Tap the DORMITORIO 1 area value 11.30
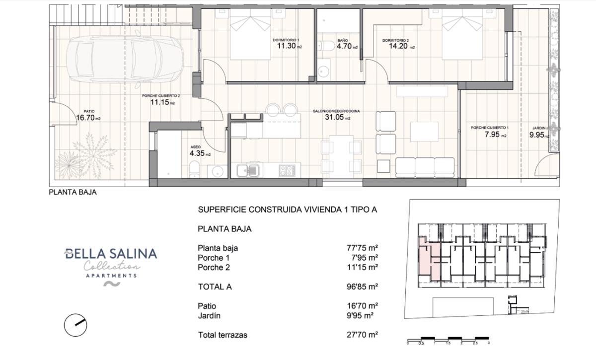(x=287, y=46)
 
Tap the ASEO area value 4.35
(x=197, y=153)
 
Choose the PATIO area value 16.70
(x=86, y=118)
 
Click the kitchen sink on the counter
(x=247, y=171)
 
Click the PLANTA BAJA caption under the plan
(x=73, y=193)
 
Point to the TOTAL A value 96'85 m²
(x=362, y=287)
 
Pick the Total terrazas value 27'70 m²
(x=362, y=335)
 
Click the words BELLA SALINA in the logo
(x=111, y=254)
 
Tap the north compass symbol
(x=76, y=325)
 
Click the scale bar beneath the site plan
(x=448, y=339)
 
